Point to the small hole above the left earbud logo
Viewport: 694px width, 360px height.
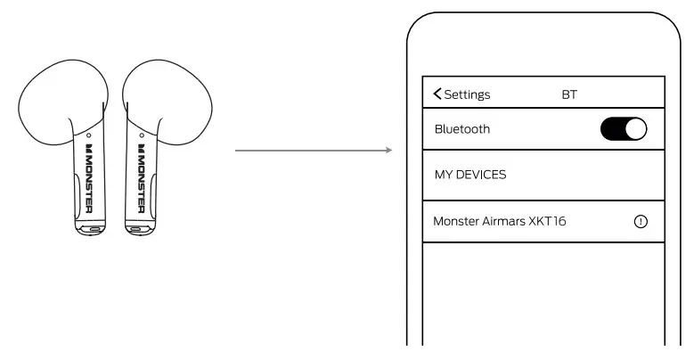[x=89, y=136]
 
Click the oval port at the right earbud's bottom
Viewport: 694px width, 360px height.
[x=135, y=228]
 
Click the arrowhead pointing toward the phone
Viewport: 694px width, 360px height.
[x=388, y=150]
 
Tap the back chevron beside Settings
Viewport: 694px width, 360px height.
[x=437, y=94]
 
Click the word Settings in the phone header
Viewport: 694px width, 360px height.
[x=468, y=94]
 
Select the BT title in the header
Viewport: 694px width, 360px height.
[x=569, y=94]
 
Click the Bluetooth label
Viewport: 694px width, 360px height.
[x=462, y=129]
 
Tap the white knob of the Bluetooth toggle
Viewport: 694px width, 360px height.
[x=635, y=129]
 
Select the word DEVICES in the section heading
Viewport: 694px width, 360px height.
[x=482, y=175]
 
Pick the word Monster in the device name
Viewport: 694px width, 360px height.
[x=456, y=222]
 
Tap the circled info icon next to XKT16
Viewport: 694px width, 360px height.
[x=640, y=222]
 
